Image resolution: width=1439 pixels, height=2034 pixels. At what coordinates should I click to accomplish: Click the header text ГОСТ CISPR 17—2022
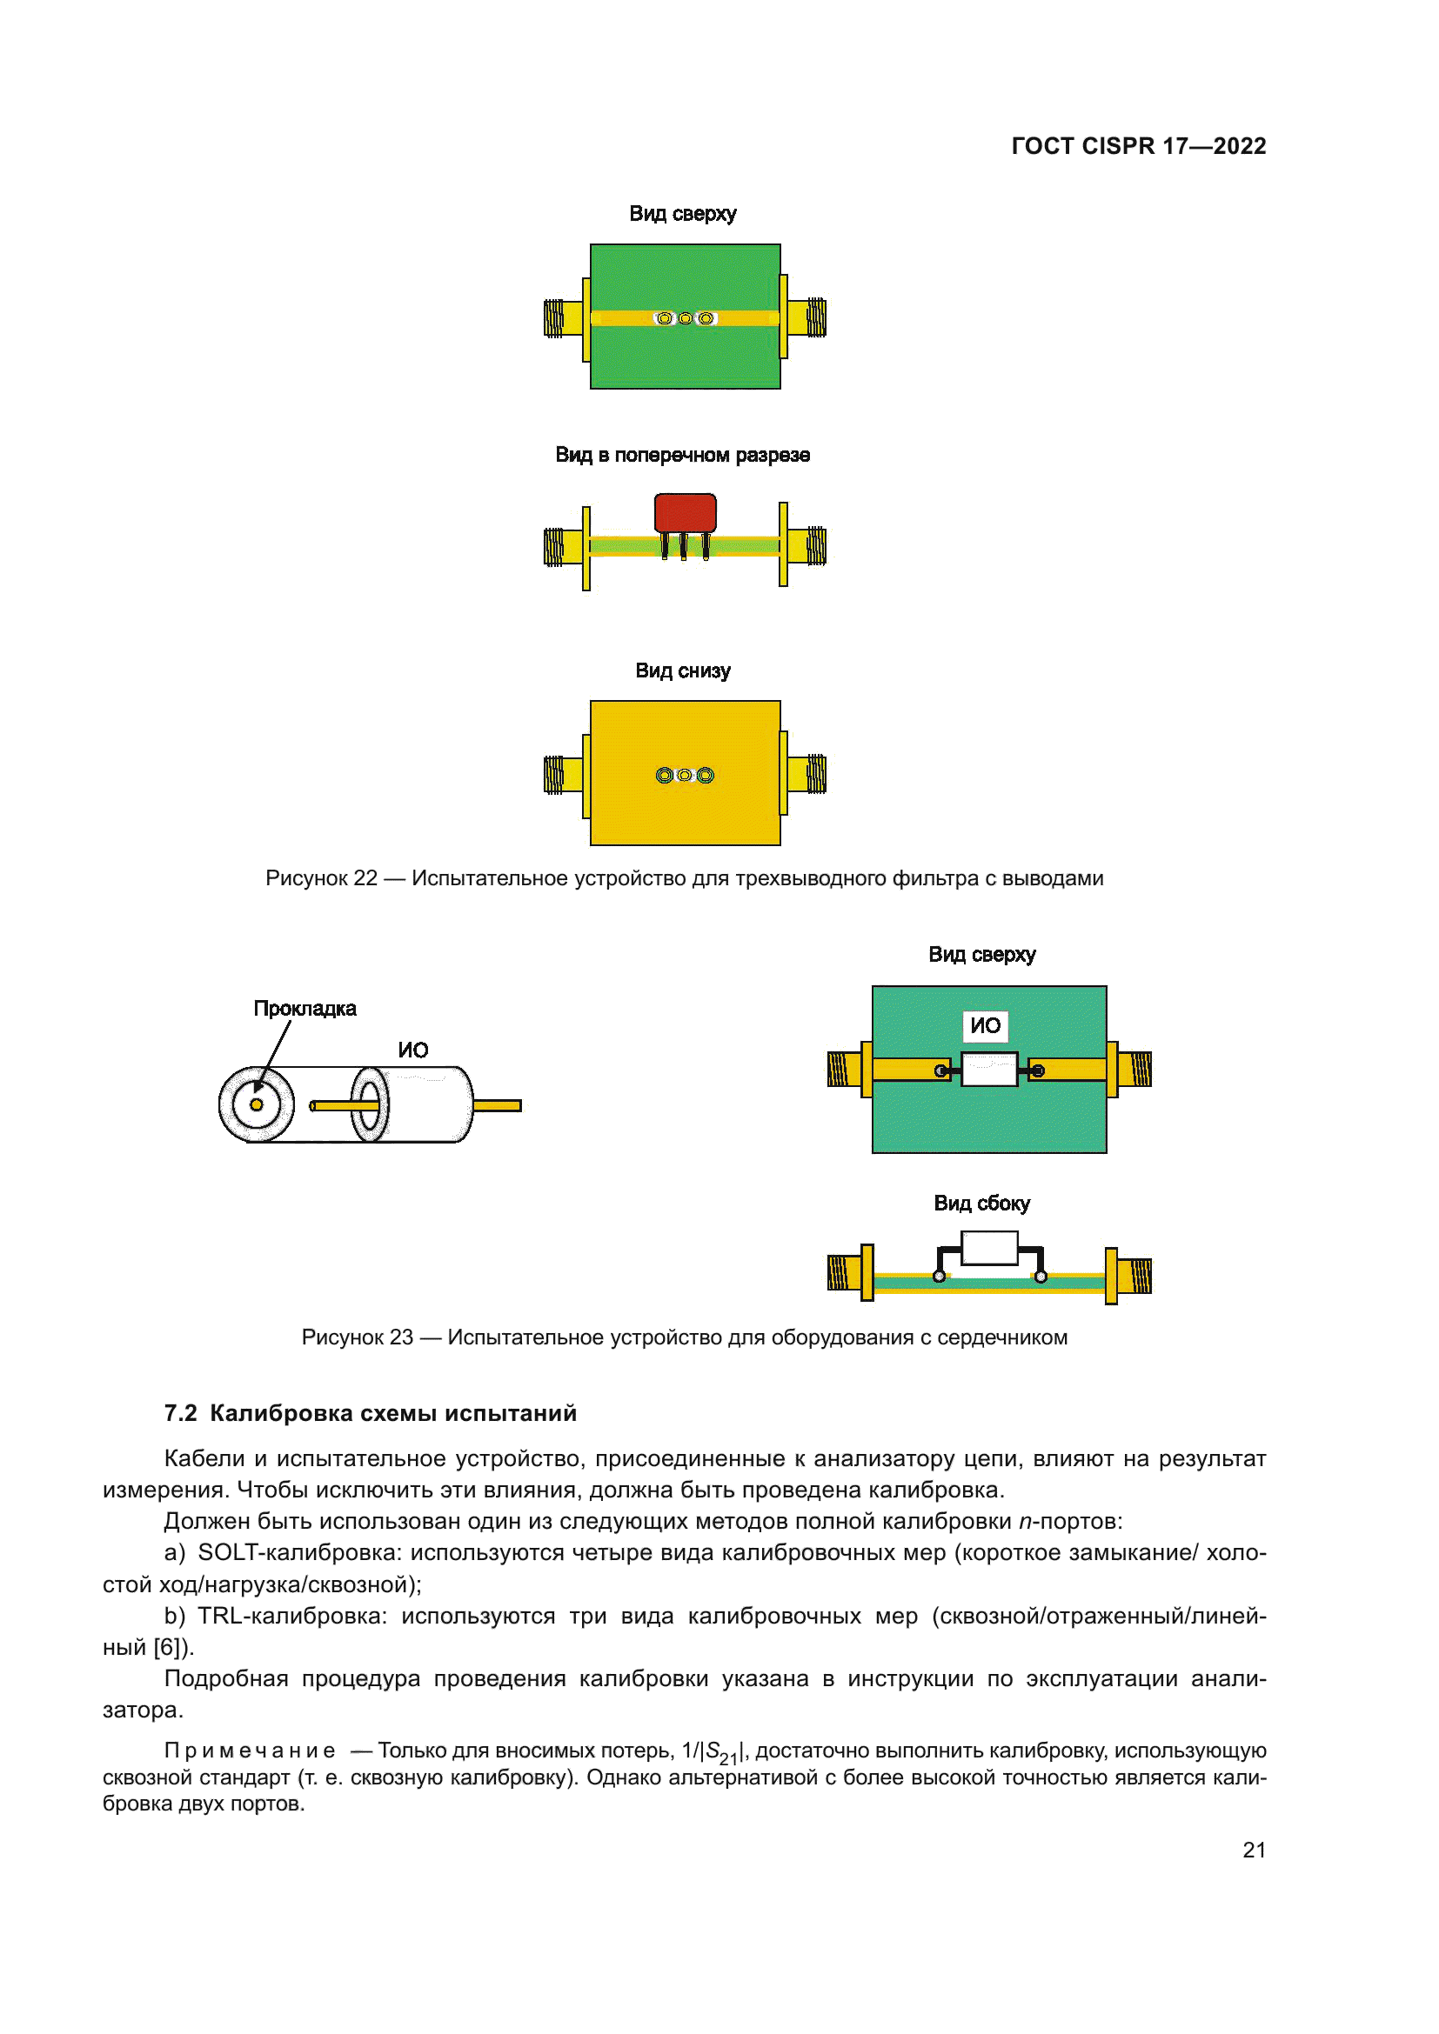pyautogui.click(x=1138, y=146)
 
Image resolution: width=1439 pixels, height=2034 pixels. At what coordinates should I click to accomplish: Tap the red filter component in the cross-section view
pyautogui.click(x=685, y=512)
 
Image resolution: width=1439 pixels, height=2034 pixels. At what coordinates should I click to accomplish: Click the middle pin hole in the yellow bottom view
pyautogui.click(x=685, y=775)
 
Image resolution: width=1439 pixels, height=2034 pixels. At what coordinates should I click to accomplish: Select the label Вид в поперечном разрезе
pyautogui.click(x=682, y=456)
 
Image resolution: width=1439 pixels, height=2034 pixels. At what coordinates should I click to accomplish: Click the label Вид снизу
pyautogui.click(x=682, y=670)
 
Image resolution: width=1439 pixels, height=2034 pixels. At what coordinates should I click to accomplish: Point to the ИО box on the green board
pyautogui.click(x=985, y=1026)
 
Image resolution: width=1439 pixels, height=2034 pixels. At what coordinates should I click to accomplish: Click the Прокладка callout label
pyautogui.click(x=305, y=1008)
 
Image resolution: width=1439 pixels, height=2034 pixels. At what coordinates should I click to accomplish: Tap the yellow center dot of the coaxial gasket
pyautogui.click(x=256, y=1104)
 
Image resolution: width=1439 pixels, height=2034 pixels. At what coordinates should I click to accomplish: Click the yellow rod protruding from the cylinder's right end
pyautogui.click(x=497, y=1105)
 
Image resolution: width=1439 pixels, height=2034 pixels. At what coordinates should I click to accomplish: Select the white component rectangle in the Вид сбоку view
pyautogui.click(x=989, y=1248)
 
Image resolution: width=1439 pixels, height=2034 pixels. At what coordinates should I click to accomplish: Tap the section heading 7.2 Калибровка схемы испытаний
pyautogui.click(x=371, y=1413)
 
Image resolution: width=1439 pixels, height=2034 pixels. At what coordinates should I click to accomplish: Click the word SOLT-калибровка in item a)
pyautogui.click(x=299, y=1552)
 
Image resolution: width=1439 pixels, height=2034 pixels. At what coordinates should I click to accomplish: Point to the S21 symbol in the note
pyautogui.click(x=720, y=1752)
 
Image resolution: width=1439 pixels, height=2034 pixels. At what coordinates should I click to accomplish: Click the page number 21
pyautogui.click(x=1253, y=1850)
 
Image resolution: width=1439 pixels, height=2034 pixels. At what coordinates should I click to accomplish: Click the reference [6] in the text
pyautogui.click(x=167, y=1647)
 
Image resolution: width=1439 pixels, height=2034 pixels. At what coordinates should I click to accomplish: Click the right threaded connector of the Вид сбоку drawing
pyautogui.click(x=1135, y=1275)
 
